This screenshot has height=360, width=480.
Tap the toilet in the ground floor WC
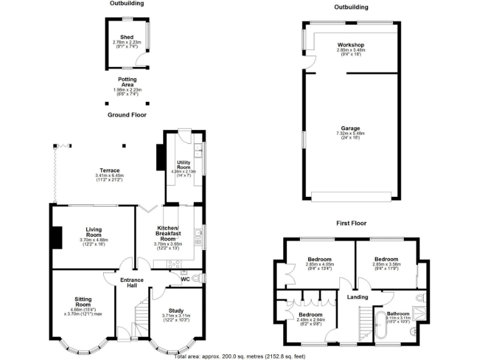[195, 279]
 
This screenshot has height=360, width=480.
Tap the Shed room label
[127, 37]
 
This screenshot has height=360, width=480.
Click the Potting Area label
[127, 82]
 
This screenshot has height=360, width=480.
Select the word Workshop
[351, 45]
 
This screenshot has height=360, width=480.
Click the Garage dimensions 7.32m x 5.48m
[350, 133]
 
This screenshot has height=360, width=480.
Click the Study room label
[177, 310]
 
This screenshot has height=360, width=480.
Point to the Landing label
[357, 296]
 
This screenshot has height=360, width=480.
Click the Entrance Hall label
[132, 282]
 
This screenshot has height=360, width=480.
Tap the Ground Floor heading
[127, 115]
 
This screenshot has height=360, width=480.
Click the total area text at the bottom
[240, 355]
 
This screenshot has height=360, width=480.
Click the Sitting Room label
[83, 302]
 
